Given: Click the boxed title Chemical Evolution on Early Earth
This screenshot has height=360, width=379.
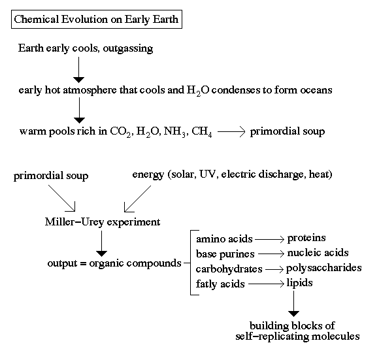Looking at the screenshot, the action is [97, 20].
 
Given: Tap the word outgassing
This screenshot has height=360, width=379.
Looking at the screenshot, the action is [128, 48].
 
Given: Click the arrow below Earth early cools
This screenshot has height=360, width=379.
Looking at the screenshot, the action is [79, 70].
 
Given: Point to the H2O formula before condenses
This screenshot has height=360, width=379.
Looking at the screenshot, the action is [198, 91].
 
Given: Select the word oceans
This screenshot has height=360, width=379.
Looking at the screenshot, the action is [316, 90].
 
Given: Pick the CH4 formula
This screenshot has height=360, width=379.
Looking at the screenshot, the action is [202, 132].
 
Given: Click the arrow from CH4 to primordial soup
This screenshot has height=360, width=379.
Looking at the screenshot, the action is [231, 132].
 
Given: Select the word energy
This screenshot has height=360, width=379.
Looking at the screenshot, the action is [148, 174].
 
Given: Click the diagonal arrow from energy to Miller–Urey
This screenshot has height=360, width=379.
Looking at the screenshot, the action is [137, 199].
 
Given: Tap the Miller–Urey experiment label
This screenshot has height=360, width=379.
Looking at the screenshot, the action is [103, 222].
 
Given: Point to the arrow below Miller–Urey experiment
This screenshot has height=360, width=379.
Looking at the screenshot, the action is [101, 244].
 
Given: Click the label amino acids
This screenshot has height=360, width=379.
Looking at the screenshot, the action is [224, 239].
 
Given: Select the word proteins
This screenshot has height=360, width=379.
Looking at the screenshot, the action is [306, 238].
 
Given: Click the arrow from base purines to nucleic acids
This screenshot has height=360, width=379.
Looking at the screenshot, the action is [271, 254].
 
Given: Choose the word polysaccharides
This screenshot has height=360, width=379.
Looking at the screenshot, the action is [323, 268].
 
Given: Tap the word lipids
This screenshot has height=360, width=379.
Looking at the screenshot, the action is [299, 283].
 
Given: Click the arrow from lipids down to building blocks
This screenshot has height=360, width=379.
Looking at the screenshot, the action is [293, 303].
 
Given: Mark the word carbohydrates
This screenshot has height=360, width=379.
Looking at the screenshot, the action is [229, 269].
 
